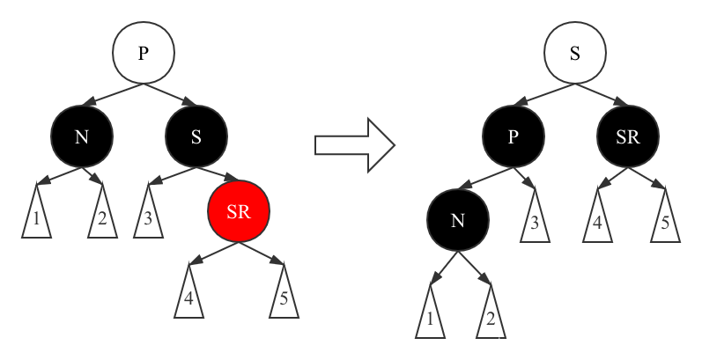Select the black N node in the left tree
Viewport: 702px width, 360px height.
(81, 137)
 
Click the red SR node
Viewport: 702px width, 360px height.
(239, 212)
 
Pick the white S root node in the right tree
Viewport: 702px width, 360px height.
(575, 53)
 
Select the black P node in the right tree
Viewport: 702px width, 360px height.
(513, 137)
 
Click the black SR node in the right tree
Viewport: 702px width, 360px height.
(628, 137)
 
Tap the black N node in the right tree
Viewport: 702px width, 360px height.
(457, 221)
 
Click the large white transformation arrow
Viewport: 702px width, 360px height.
(354, 143)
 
